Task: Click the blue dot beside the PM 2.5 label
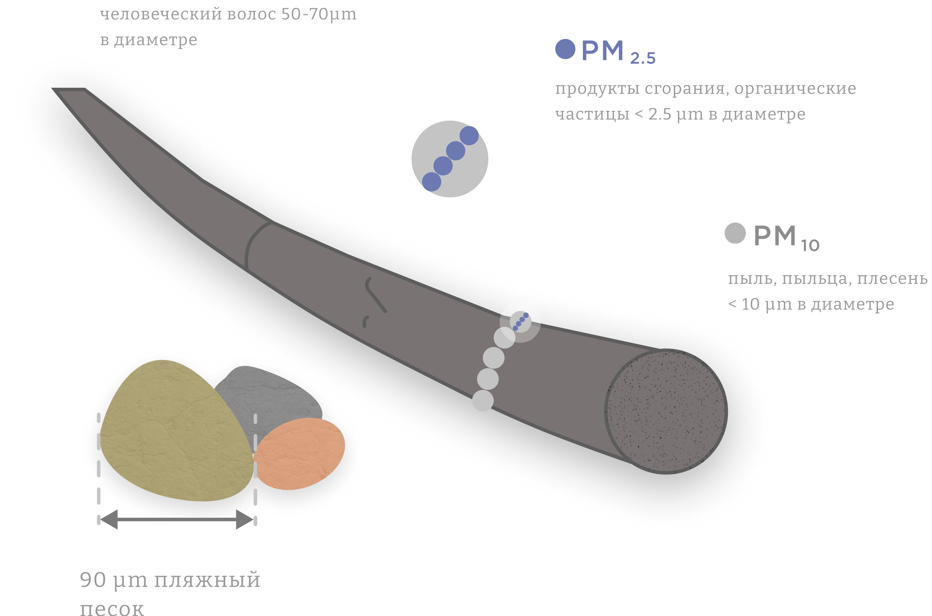[x=565, y=49]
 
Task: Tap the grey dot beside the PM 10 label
[x=735, y=233]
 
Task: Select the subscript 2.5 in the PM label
[x=643, y=58]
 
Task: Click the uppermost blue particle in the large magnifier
[x=469, y=136]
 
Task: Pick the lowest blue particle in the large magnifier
[x=432, y=182]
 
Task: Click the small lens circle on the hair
[x=520, y=322]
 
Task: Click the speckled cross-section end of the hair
[x=666, y=411]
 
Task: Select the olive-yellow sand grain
[x=173, y=432]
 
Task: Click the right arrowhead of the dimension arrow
[x=244, y=519]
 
